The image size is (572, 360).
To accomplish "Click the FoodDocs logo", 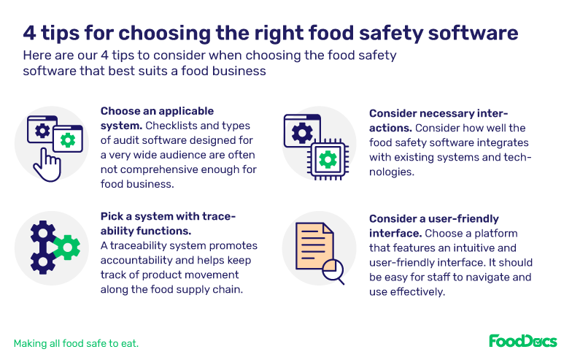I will [522, 341].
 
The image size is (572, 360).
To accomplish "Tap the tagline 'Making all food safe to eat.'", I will [76, 342].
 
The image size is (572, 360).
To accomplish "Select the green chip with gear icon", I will [328, 158].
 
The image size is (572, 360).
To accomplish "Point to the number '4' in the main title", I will [28, 33].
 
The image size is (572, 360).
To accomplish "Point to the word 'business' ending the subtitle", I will [241, 72].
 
